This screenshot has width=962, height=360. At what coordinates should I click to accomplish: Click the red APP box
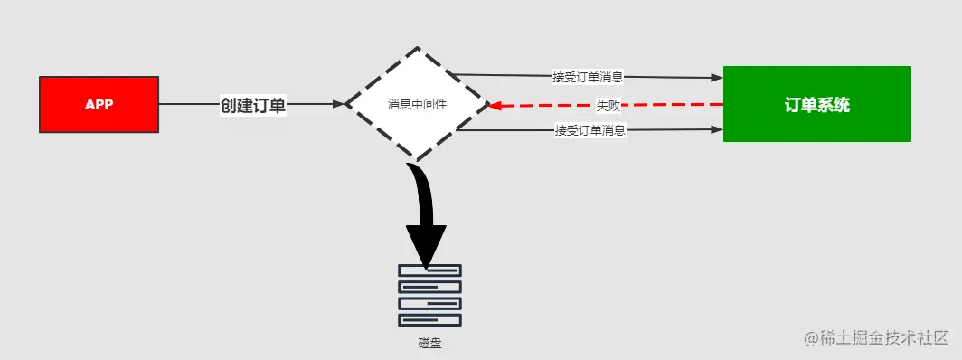(99, 105)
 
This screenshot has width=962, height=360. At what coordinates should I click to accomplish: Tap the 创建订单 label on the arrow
(253, 105)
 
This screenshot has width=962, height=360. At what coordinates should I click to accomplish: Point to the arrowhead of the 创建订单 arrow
(339, 105)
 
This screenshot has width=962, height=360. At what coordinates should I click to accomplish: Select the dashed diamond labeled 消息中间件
(417, 105)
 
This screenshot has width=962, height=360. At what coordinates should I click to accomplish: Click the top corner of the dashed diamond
(418, 48)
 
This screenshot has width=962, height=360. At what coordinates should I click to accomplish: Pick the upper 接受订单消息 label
(589, 76)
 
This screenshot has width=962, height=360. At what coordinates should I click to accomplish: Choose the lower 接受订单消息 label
(590, 131)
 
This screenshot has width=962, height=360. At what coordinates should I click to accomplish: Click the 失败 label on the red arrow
(608, 105)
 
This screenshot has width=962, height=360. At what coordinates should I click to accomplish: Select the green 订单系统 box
(816, 104)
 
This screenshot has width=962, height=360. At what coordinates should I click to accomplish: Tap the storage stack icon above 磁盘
(429, 295)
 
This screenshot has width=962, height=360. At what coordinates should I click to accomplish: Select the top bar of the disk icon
(429, 270)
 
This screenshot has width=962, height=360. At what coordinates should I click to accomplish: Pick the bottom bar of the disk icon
(429, 319)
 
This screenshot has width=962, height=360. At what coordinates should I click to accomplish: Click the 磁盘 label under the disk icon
(429, 343)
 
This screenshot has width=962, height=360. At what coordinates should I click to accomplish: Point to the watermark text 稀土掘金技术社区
(884, 338)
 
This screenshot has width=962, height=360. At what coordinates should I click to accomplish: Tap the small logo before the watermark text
(810, 338)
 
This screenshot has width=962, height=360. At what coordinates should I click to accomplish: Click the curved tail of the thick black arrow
(421, 181)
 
